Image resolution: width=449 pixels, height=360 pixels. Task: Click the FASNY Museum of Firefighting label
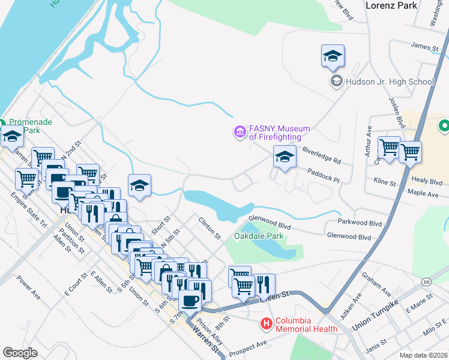[x=280, y=133]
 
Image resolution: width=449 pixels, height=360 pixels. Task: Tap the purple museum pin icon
[x=240, y=131]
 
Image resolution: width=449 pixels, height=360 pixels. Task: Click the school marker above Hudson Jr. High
[x=333, y=58]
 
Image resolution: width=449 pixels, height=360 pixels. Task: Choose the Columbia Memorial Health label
[x=306, y=325]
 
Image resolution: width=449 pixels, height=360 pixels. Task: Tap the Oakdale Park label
[x=258, y=236]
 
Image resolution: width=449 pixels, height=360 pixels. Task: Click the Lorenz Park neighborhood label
[x=391, y=5]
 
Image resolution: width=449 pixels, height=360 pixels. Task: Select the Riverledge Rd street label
[x=321, y=157]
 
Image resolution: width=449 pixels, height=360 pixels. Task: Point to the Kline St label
[x=384, y=182]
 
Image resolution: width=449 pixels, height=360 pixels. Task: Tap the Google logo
[x=20, y=353]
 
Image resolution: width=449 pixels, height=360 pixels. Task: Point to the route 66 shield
[x=426, y=281]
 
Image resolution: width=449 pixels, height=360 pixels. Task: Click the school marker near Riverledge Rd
[x=285, y=158]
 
